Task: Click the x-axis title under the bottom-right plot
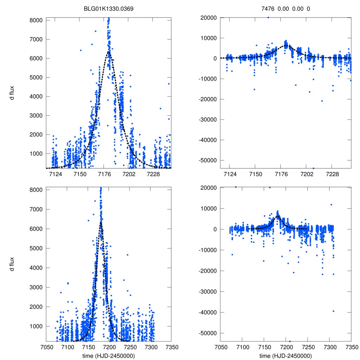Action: point(285,356)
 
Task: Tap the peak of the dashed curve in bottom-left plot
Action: point(101,222)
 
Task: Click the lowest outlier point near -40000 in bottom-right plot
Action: point(333,311)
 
